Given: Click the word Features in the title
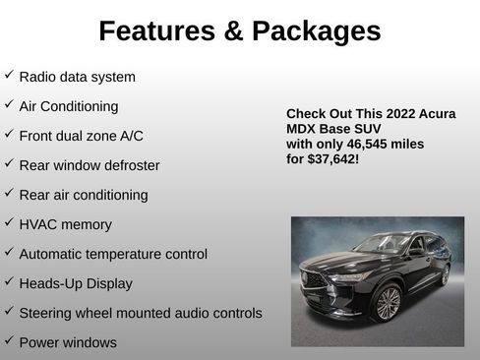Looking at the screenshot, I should pyautogui.click(x=158, y=31).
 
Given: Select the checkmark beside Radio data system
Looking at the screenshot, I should pyautogui.click(x=9, y=75).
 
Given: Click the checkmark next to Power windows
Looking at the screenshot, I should pyautogui.click(x=9, y=341).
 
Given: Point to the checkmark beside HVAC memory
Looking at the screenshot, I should pyautogui.click(x=9, y=222).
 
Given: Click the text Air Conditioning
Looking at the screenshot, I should pyautogui.click(x=69, y=106).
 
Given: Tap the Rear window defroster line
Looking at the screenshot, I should pyautogui.click(x=89, y=165).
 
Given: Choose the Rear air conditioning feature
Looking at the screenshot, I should pyautogui.click(x=84, y=195).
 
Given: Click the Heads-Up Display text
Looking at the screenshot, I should pyautogui.click(x=76, y=283).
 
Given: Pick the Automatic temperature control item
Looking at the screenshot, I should pyautogui.click(x=113, y=254).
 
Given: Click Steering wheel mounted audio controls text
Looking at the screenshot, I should pyautogui.click(x=141, y=313).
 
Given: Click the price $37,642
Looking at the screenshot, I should pyautogui.click(x=332, y=158).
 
